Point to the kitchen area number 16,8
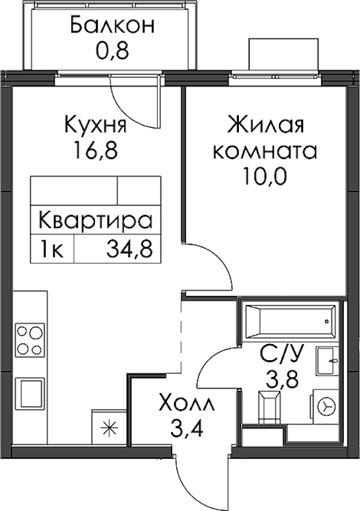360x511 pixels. click(x=95, y=150)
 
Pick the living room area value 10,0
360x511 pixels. click(x=264, y=176)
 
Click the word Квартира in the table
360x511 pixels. click(x=95, y=220)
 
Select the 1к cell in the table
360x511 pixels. click(x=52, y=249)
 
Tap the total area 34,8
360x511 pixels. click(x=129, y=249)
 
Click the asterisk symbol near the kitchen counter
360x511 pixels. click(x=109, y=428)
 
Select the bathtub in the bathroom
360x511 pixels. click(x=290, y=321)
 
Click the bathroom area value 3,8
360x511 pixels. click(x=282, y=379)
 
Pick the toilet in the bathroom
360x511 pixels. click(x=269, y=407)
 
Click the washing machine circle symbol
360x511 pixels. click(x=326, y=407)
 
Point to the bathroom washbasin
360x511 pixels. click(x=326, y=361)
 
